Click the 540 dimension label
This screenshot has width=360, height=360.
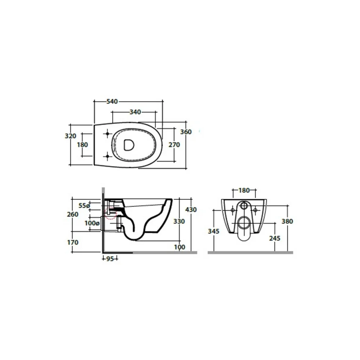click(112, 101)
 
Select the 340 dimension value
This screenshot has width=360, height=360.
click(135, 112)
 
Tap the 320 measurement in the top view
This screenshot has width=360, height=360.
click(71, 136)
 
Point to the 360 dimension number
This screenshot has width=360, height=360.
click(186, 132)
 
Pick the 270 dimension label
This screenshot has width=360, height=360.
click(174, 145)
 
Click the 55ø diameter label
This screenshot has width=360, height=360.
click(84, 206)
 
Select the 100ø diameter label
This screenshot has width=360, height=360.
click(92, 223)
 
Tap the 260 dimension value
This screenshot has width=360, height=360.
click(73, 214)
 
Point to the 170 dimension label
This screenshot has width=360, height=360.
click(73, 242)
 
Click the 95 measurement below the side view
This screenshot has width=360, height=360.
click(110, 259)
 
